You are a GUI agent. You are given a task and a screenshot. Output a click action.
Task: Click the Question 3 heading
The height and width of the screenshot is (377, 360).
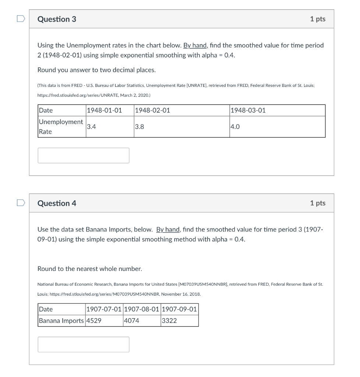(x=57, y=19)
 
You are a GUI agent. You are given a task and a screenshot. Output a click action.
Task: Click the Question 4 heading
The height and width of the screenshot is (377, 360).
(x=57, y=203)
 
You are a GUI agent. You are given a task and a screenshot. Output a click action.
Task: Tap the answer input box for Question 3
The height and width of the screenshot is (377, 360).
(x=84, y=155)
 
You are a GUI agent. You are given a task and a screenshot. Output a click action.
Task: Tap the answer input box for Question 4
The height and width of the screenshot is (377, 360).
(x=84, y=344)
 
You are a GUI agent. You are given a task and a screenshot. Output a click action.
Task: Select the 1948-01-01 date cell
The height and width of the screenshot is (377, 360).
(x=104, y=110)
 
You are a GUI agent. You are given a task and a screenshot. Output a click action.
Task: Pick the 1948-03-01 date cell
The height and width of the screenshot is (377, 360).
(x=248, y=110)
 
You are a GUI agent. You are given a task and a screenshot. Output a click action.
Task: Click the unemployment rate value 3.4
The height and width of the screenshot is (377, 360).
(x=92, y=127)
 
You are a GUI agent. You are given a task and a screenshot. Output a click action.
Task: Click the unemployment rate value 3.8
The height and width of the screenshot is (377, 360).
(x=140, y=127)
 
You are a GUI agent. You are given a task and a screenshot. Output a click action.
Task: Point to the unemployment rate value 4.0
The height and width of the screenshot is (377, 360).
(x=235, y=127)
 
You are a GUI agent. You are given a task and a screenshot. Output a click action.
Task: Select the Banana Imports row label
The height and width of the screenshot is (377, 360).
(x=61, y=321)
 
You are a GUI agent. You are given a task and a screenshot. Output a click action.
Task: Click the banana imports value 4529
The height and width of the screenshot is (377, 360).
(x=94, y=321)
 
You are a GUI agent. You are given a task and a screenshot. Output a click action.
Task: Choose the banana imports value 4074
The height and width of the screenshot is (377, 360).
(x=132, y=321)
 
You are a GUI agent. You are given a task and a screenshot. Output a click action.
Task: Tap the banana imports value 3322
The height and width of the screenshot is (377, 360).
(x=169, y=321)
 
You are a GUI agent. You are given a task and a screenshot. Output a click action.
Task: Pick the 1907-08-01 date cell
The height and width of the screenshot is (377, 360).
(x=142, y=309)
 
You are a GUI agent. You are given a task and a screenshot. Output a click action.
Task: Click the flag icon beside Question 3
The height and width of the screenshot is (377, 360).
(x=21, y=18)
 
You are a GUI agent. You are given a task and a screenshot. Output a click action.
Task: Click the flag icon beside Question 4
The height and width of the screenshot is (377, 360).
(x=21, y=202)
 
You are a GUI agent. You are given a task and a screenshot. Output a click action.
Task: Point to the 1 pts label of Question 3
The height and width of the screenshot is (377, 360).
(x=318, y=19)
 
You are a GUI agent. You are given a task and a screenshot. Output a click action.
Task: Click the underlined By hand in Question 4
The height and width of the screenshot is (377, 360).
(x=168, y=229)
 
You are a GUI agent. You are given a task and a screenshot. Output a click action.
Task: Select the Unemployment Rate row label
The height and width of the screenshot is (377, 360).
(x=61, y=127)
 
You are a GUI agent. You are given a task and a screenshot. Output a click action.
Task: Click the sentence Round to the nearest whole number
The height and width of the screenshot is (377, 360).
(x=89, y=269)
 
